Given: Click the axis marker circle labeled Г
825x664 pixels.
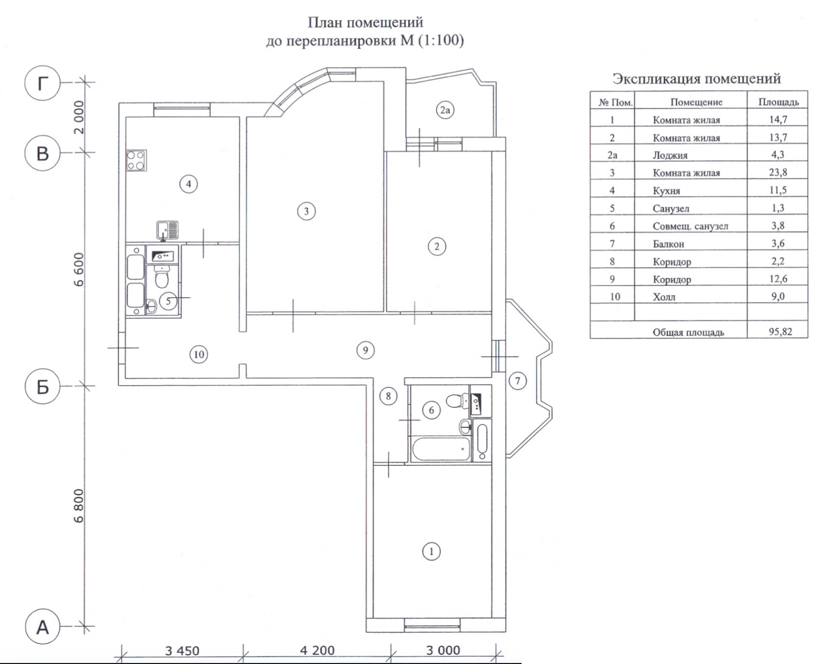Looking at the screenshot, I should click(43, 82).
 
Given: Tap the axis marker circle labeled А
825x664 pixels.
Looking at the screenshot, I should click(43, 627).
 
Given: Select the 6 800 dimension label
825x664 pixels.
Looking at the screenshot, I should click(78, 505).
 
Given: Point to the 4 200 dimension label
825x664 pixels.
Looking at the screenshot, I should click(317, 651).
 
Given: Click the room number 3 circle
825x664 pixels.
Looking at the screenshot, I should click(306, 211).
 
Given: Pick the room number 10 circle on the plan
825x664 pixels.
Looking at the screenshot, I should click(199, 354).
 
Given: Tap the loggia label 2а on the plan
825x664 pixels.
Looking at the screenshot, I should click(445, 110).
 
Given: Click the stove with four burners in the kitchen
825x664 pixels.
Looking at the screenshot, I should click(136, 160).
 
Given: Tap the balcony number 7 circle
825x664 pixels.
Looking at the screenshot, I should click(518, 381).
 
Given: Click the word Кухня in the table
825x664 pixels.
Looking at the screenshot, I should click(666, 191).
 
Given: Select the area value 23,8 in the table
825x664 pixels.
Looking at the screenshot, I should click(778, 173).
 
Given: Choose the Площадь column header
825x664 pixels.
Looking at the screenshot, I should click(778, 102).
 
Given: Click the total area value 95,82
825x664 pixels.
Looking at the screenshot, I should click(780, 331).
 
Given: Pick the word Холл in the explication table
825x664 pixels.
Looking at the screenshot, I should click(664, 297).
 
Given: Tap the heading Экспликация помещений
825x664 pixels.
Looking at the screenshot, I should click(697, 79).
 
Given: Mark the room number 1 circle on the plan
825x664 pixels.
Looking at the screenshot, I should click(431, 551).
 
